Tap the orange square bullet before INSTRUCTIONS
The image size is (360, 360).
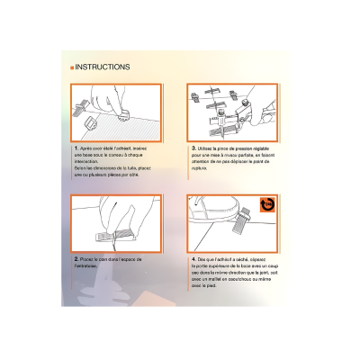point(71,67)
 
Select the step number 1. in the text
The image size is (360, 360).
point(76,147)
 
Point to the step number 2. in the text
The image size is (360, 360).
point(76,257)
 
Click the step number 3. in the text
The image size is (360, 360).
point(193,147)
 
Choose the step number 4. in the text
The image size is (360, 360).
point(193,257)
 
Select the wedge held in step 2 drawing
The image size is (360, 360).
point(103,235)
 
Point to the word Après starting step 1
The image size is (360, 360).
point(88,147)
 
